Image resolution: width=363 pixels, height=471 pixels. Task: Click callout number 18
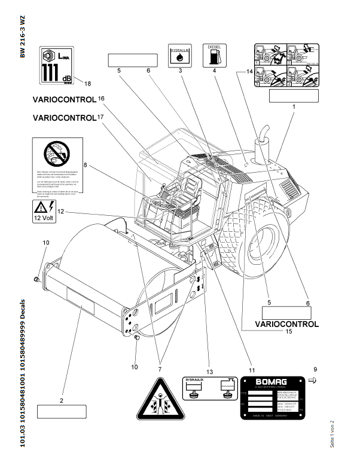point(88,83)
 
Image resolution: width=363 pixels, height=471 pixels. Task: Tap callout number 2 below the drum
point(62,400)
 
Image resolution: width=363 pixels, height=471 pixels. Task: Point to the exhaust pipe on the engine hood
point(261,149)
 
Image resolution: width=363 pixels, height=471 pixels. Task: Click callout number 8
point(86,164)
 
